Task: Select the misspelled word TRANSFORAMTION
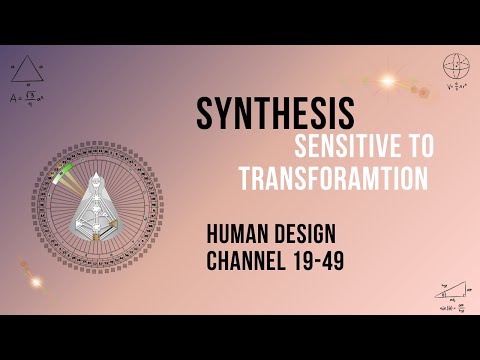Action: pyautogui.click(x=319, y=179)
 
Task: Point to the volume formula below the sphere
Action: pyautogui.click(x=456, y=86)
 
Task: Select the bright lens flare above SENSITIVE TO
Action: pyautogui.click(x=388, y=81)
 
